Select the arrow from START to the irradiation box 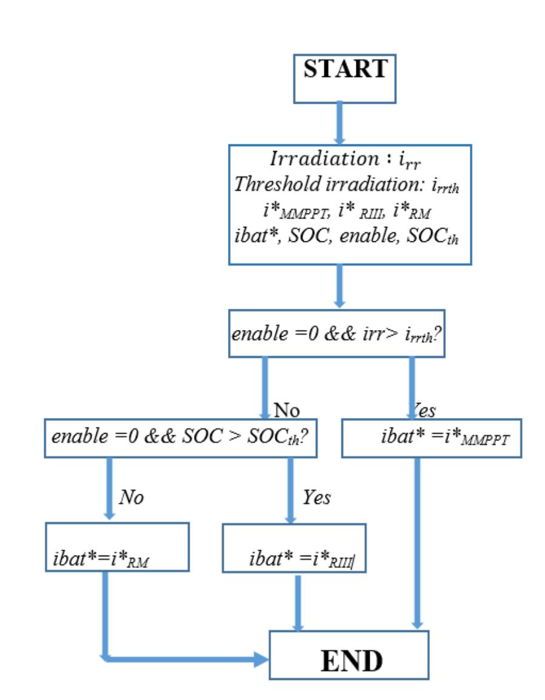click(x=339, y=123)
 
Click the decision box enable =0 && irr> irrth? click(x=337, y=334)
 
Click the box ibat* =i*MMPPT click(x=431, y=438)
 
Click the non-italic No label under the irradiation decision click(x=287, y=411)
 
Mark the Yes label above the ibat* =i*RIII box click(x=316, y=498)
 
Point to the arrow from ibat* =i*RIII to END click(x=298, y=601)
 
